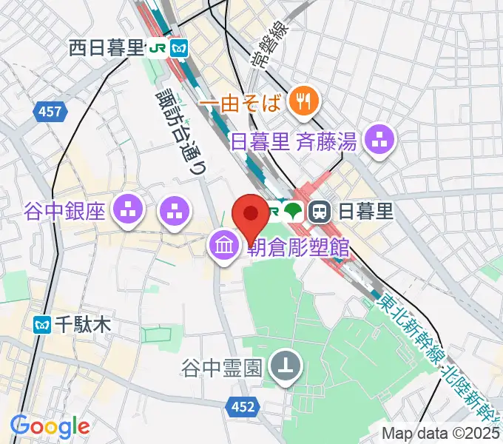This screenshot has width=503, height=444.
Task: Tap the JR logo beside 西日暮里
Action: tap(158, 49)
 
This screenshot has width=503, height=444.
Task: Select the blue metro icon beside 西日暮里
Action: tap(179, 49)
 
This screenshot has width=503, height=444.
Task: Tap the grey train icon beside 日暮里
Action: tap(320, 212)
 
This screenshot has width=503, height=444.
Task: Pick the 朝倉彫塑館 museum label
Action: tap(297, 247)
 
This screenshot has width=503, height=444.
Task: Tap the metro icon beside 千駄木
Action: tap(43, 323)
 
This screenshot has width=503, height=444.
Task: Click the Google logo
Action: tap(50, 426)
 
